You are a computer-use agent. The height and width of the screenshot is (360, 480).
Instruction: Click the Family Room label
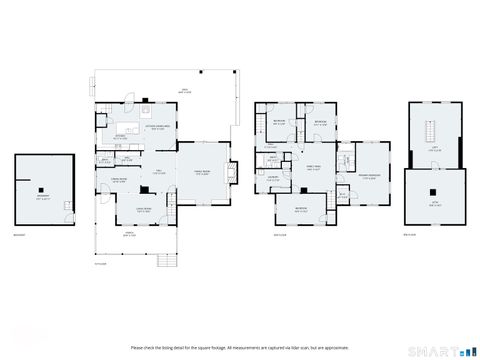click(202, 171)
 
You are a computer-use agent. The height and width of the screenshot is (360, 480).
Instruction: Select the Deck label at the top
click(184, 89)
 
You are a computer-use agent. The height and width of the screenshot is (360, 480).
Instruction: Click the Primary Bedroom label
click(371, 177)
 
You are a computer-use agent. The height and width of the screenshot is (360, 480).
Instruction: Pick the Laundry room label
click(271, 178)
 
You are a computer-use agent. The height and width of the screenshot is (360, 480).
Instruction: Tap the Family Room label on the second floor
click(313, 168)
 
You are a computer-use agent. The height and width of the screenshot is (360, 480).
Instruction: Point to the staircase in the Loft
click(432, 133)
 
